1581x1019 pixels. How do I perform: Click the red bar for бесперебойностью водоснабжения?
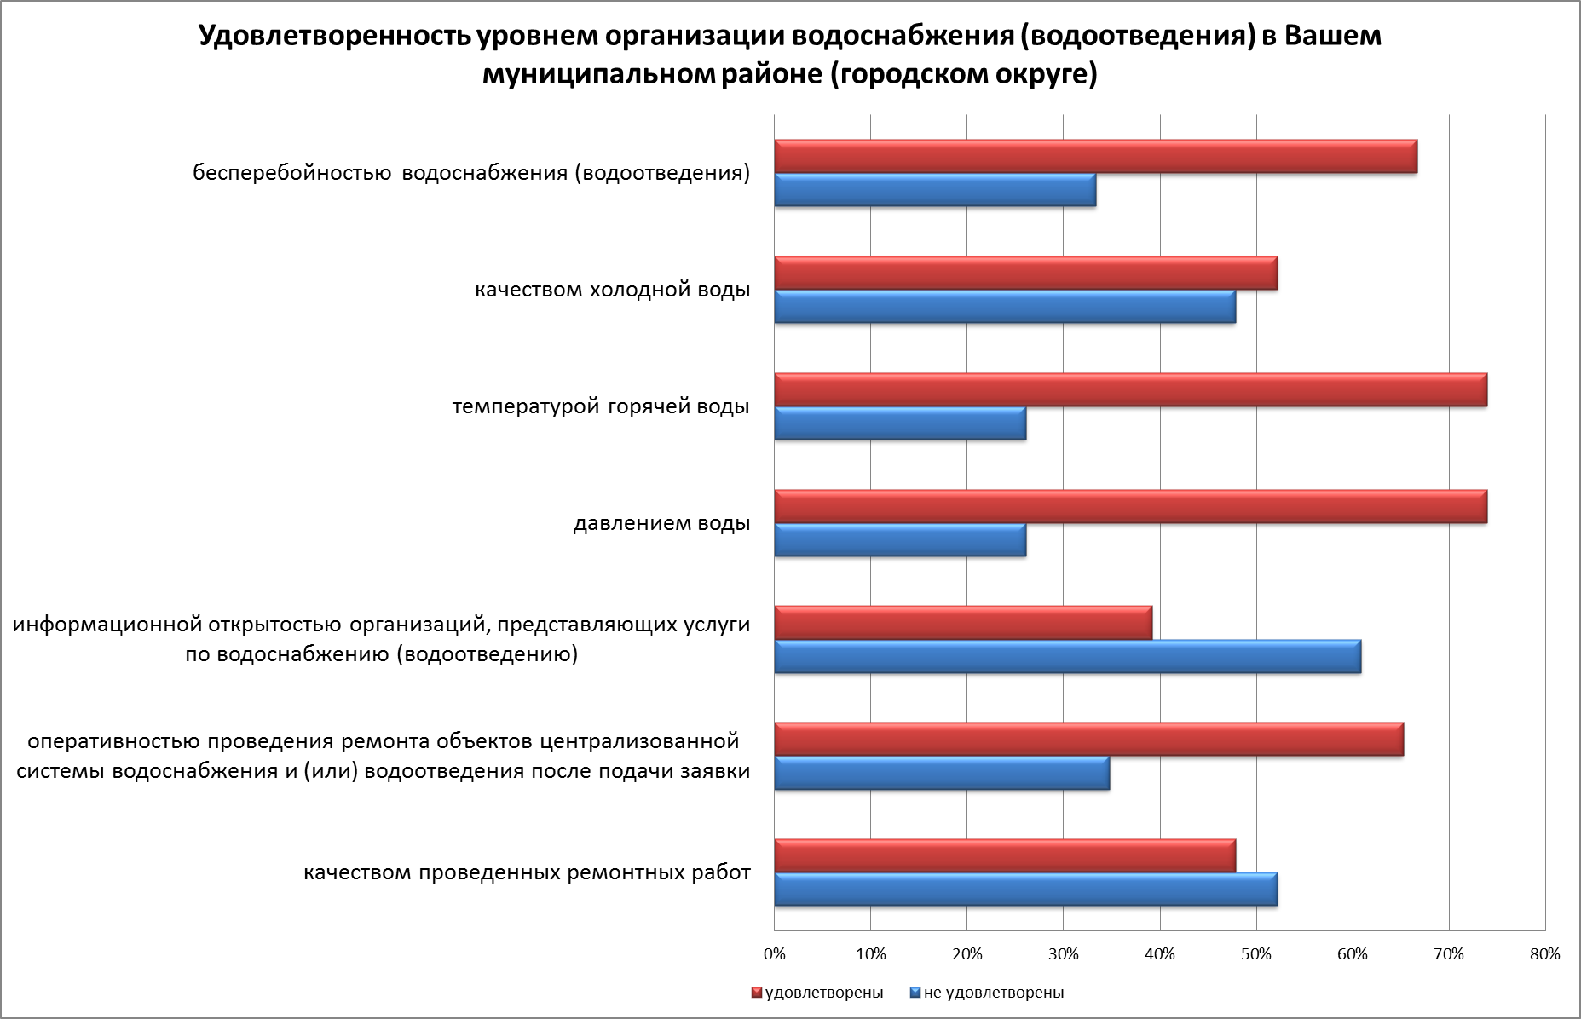point(1095,157)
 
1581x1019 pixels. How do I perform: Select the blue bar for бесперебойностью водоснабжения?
point(935,190)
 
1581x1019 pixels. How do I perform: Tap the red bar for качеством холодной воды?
point(1025,273)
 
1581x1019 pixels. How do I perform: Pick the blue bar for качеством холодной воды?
point(1005,307)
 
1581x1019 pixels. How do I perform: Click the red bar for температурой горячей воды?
point(1130,390)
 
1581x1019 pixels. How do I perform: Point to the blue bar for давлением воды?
point(900,540)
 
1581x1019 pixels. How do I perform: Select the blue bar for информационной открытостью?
point(1067,657)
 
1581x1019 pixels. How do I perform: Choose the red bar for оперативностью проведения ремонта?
point(1088,740)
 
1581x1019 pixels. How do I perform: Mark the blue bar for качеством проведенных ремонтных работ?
point(1025,889)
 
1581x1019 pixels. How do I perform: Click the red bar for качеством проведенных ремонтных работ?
point(1005,856)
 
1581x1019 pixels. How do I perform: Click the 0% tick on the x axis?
point(774,954)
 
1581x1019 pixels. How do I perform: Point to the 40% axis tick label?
point(1160,954)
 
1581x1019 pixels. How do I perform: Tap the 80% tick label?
point(1545,954)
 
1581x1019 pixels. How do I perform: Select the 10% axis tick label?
point(870,954)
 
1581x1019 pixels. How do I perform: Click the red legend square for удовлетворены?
point(756,993)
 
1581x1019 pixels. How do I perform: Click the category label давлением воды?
point(661,523)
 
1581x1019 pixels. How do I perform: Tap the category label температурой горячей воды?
point(601,406)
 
